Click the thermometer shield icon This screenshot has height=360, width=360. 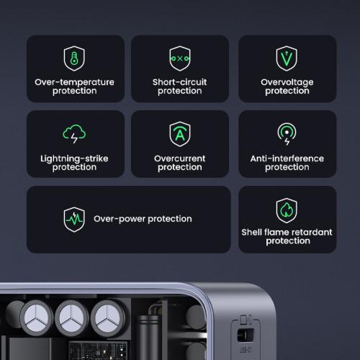[x=74, y=58]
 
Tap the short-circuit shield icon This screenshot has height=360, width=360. [x=180, y=58]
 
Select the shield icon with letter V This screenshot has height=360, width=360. [x=287, y=58]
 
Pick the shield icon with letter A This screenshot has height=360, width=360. [x=180, y=134]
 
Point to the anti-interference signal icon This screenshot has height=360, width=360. [x=287, y=134]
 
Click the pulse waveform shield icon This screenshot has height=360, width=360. [x=74, y=220]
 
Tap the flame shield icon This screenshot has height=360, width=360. [x=287, y=210]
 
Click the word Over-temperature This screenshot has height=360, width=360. [x=74, y=82]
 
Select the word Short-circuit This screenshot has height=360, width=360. [x=179, y=82]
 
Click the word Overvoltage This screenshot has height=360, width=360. [x=287, y=83]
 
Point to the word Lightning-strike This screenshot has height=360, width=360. [x=74, y=159]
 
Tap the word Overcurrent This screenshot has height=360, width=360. [x=180, y=158]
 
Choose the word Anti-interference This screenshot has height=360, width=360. [x=287, y=158]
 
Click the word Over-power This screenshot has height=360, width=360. [x=120, y=219]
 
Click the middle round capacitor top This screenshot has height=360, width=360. [x=71, y=318]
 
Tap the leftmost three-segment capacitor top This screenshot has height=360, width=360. [x=36, y=318]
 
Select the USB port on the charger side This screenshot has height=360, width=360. [x=246, y=335]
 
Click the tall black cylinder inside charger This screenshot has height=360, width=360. [x=148, y=337]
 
